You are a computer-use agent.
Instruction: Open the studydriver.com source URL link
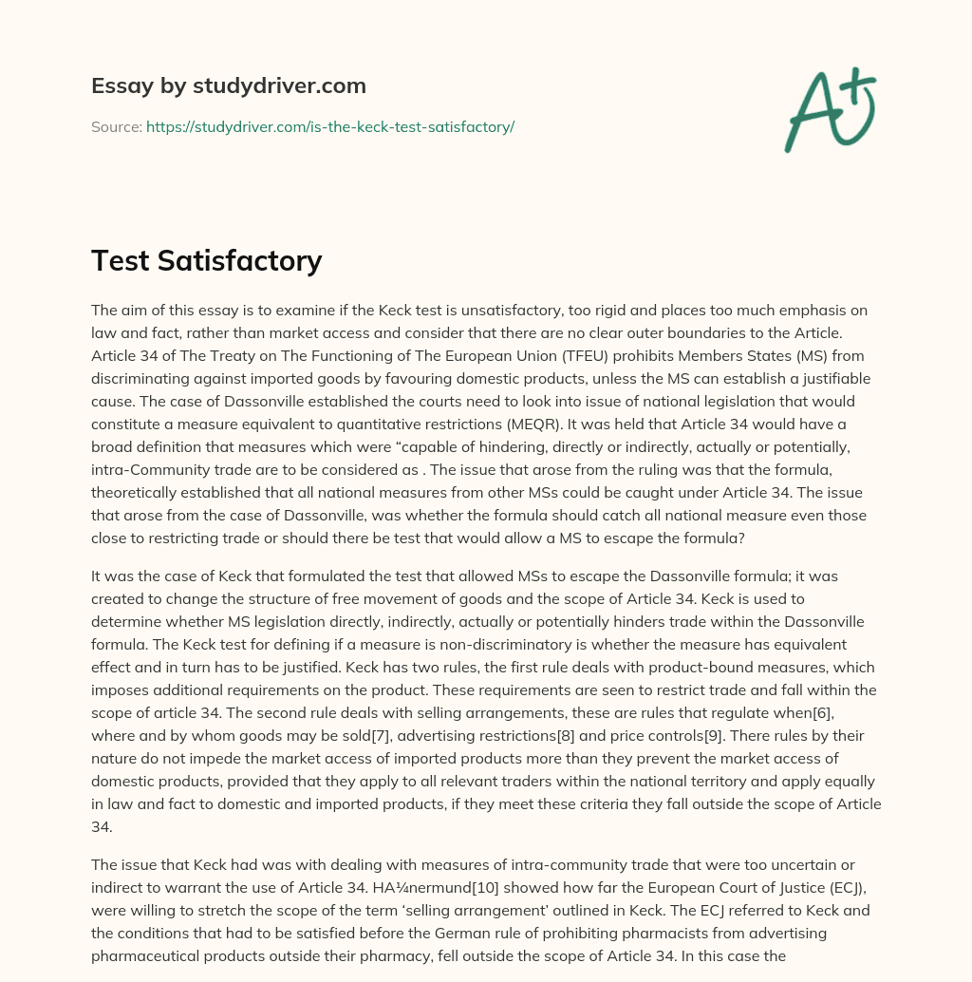pos(329,126)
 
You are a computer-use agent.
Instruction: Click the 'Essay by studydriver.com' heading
pos(228,85)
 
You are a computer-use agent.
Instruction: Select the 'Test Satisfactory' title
pos(206,260)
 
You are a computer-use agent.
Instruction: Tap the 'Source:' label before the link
pos(116,126)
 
